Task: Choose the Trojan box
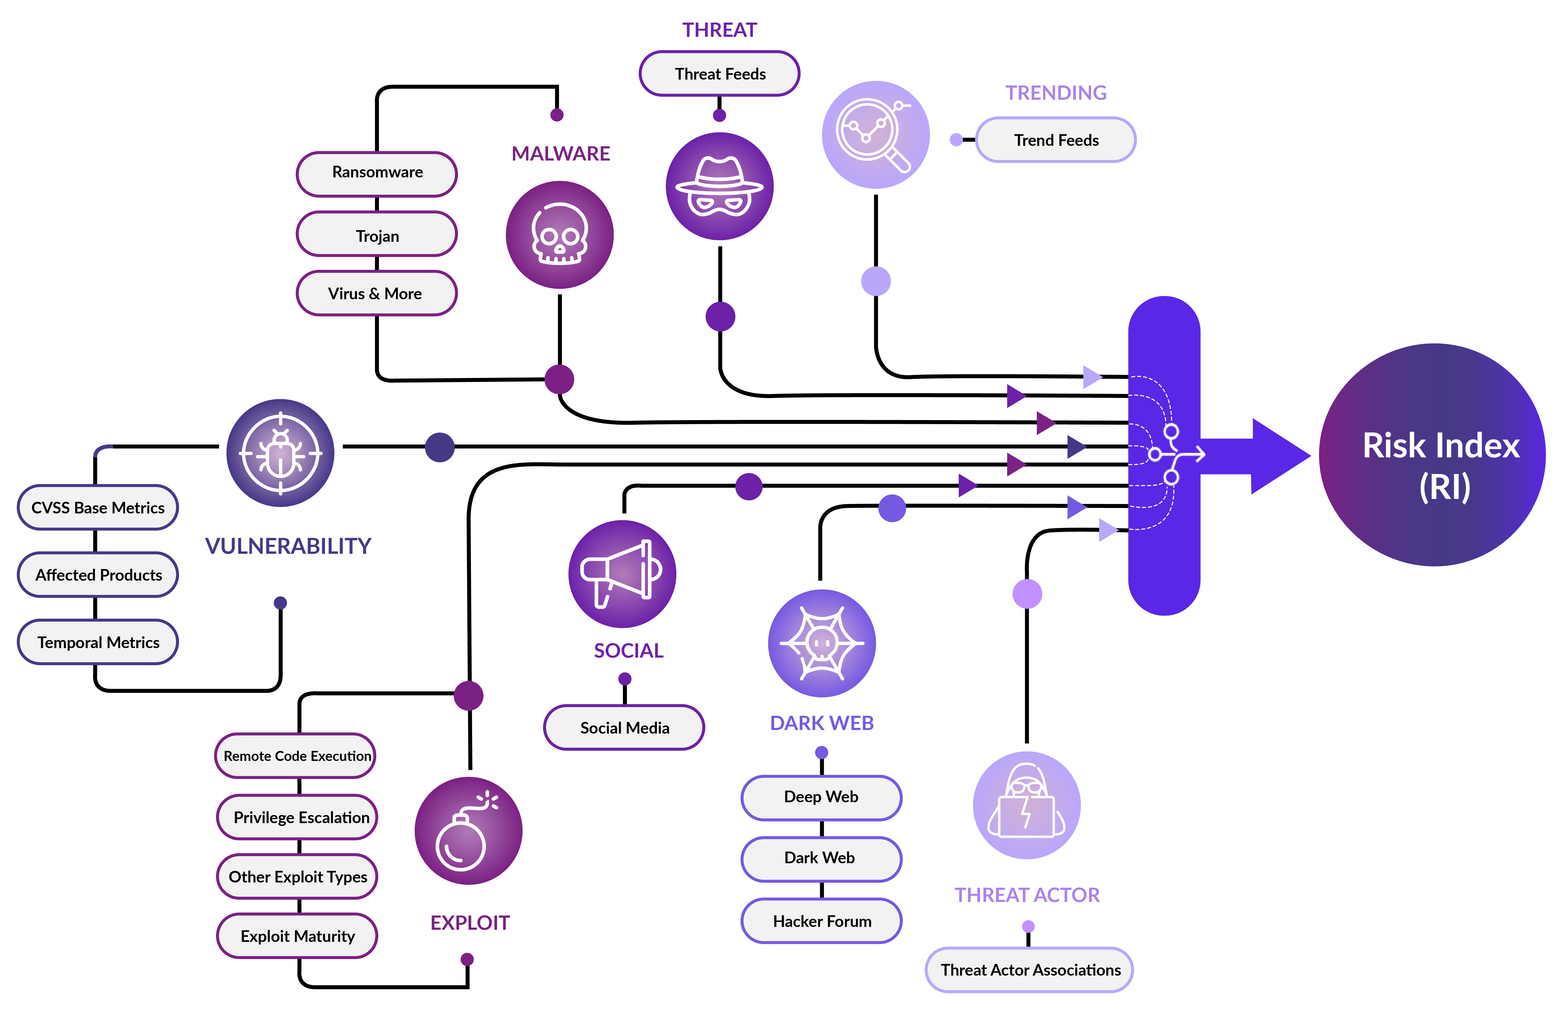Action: point(377,235)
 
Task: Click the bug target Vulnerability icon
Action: point(280,453)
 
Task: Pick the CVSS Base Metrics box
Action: point(98,508)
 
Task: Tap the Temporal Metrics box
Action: point(98,642)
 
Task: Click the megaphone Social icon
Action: point(622,574)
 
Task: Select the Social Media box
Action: point(624,728)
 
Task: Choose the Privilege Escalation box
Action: point(298,818)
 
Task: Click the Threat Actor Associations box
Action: point(1030,970)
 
